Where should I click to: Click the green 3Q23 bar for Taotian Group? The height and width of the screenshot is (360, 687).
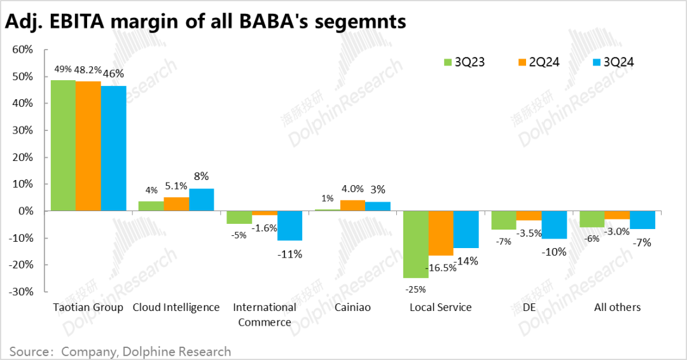click(63, 145)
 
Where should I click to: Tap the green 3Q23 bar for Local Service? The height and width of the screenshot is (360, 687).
click(415, 244)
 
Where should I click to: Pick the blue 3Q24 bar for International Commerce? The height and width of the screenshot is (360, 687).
click(289, 226)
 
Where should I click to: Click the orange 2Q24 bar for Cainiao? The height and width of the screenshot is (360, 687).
click(352, 205)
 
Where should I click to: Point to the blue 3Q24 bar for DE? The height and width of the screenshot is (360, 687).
click(554, 225)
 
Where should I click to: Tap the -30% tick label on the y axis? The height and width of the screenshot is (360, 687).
click(23, 291)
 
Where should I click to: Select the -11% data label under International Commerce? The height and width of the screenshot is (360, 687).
click(289, 254)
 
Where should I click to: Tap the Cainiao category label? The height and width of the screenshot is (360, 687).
click(352, 307)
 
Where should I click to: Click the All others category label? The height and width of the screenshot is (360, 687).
click(617, 307)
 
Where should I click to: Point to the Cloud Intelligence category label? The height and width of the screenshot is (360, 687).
click(176, 307)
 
